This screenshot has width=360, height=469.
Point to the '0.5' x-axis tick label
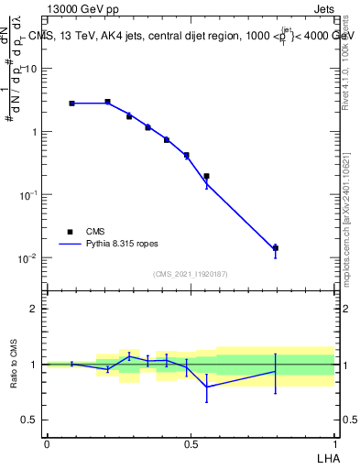[191, 443]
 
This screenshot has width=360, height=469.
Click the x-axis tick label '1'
[334, 443]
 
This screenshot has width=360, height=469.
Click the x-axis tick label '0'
[47, 443]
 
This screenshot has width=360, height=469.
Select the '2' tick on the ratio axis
[34, 309]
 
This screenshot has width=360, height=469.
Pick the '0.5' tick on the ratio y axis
[29, 420]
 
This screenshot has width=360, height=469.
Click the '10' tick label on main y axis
[30, 69]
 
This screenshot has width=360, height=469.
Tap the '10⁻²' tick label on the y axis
[28, 257]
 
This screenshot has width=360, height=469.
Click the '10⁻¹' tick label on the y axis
[28, 194]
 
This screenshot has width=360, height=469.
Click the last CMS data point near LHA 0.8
[275, 248]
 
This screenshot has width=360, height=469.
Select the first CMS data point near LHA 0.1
[71, 104]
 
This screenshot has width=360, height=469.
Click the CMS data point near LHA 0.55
[206, 176]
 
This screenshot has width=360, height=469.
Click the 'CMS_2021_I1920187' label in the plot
[191, 273]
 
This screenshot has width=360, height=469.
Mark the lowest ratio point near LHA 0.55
[206, 387]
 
